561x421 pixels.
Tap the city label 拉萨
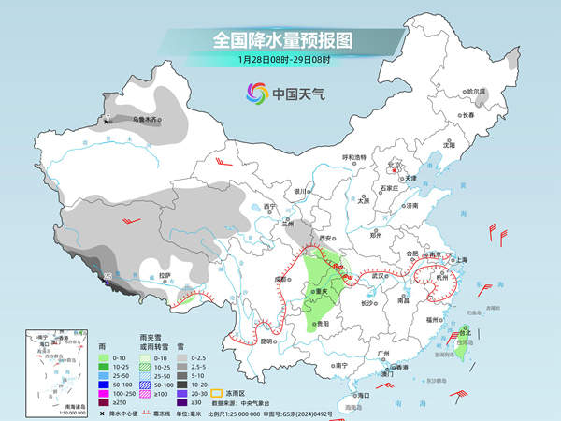click(165, 275)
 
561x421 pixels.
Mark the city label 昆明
click(267, 341)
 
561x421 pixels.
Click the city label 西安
click(326, 240)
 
